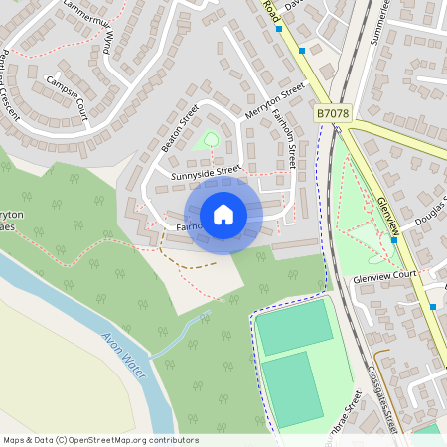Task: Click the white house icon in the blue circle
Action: [x=223, y=214]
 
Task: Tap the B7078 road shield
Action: [x=334, y=115]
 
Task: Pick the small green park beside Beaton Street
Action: [x=208, y=141]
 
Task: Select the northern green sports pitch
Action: [x=294, y=326]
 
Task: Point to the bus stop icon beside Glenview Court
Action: [x=421, y=268]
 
